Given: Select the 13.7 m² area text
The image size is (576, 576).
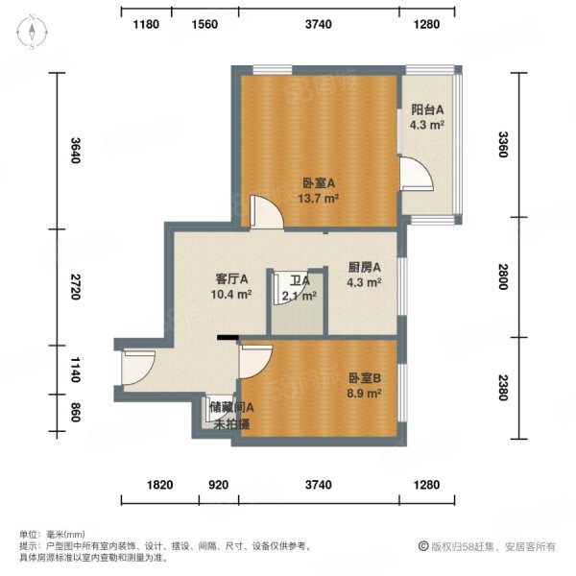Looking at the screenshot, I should (x=319, y=199).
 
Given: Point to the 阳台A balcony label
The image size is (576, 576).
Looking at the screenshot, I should (x=427, y=109).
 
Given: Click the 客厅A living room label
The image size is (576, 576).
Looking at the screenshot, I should (x=231, y=279).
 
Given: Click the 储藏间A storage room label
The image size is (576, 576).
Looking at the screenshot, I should (x=231, y=408).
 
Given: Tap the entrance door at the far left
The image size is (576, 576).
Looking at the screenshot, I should (x=134, y=365).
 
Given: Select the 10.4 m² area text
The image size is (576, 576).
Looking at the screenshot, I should (x=231, y=295).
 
